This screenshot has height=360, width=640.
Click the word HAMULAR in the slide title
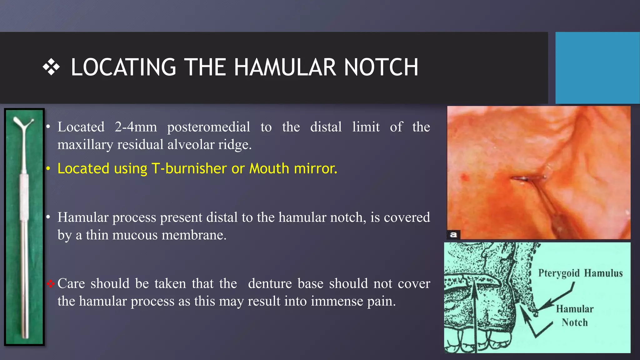(285, 67)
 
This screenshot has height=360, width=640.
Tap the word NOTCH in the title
(381, 67)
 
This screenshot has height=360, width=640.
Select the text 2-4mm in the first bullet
(136, 127)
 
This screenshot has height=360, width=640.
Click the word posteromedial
(208, 127)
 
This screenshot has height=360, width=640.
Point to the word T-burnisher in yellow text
(189, 168)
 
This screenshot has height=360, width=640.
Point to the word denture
(270, 284)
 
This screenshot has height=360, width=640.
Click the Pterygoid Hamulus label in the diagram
(580, 273)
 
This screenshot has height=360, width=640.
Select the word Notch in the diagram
(574, 322)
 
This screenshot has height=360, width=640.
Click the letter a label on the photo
(453, 234)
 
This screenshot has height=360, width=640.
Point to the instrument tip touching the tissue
(520, 179)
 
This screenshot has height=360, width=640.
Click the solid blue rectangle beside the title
(597, 67)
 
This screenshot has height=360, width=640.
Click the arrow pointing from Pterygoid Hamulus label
(559, 297)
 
